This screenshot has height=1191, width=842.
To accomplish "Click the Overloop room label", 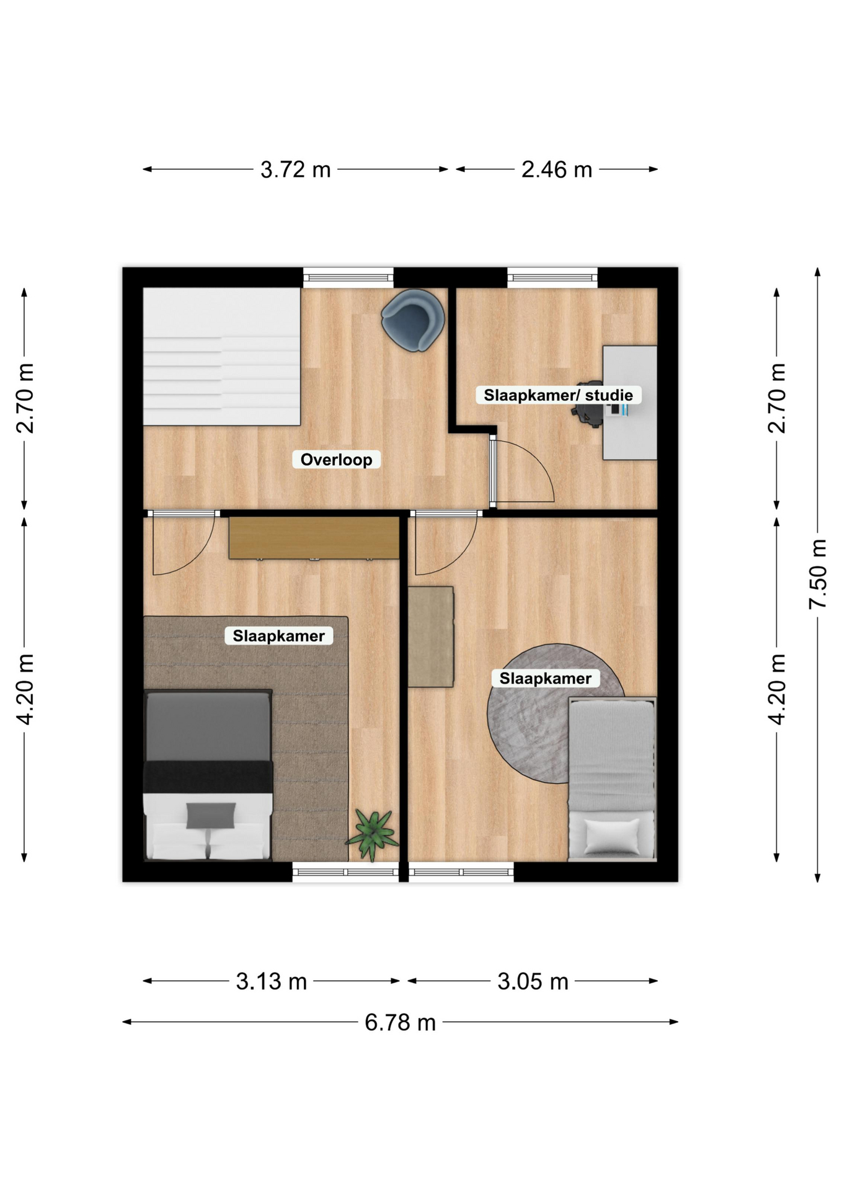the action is (336, 460).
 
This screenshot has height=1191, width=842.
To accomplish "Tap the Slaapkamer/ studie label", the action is (558, 395).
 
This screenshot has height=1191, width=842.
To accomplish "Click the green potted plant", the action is (372, 835).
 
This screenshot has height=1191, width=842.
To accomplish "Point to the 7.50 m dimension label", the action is (818, 574).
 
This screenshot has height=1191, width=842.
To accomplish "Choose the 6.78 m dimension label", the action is (400, 1022).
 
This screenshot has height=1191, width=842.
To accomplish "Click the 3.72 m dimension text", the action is (295, 169).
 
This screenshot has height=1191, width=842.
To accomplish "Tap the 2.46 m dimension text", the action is (557, 169).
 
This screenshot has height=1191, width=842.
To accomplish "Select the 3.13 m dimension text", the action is (272, 981).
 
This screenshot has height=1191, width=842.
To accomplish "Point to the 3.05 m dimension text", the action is (533, 981).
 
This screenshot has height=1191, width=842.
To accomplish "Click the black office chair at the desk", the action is (589, 406).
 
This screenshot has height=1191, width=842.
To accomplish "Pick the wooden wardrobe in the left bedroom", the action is (314, 538).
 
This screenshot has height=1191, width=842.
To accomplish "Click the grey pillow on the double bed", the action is (211, 815).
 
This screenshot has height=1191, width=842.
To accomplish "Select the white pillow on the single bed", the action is (611, 836).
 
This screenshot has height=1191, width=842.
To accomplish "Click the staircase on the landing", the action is (222, 357).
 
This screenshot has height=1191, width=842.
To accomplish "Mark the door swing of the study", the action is (522, 470).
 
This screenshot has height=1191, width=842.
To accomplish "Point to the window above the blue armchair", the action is (348, 277).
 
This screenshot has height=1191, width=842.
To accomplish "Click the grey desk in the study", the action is (630, 403).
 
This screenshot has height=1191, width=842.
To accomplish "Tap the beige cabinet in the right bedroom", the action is (431, 637).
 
